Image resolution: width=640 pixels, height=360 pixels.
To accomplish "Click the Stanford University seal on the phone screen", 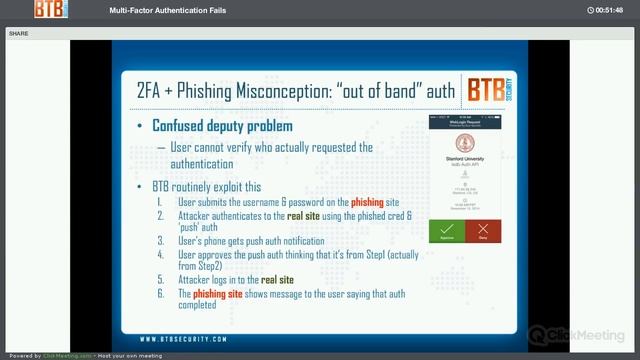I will point(464,143).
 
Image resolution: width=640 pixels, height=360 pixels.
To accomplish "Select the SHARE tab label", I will point(18,33).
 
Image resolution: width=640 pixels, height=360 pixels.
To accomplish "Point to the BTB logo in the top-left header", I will point(50,10).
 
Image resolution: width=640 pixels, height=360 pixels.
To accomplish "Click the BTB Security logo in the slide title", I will point(490,91).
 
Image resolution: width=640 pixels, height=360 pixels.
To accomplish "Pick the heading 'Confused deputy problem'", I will point(222,126).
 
